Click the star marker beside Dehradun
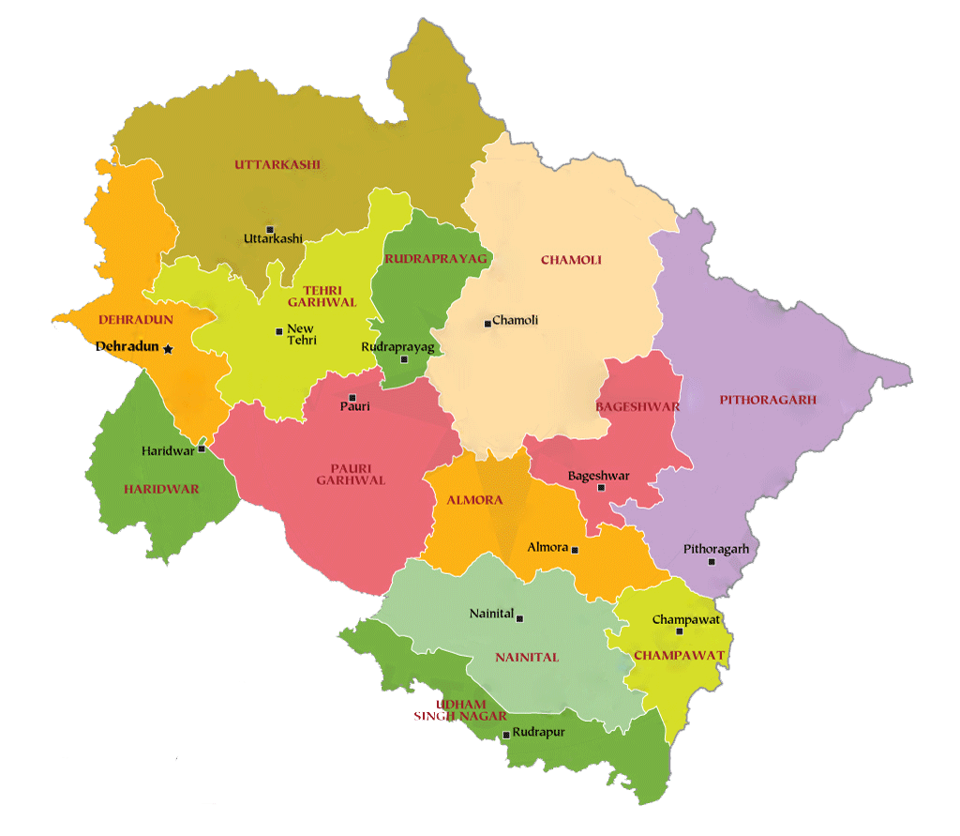click(168, 349)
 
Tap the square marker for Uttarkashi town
click(270, 229)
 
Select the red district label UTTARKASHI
click(277, 164)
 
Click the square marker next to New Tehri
click(278, 331)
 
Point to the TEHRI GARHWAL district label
click(315, 296)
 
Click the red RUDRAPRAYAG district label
click(436, 258)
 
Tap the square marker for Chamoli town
click(487, 324)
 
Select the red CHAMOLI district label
click(571, 260)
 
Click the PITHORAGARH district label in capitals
click(768, 400)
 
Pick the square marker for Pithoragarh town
click(712, 562)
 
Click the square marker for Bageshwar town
click(601, 488)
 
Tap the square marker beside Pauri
click(352, 398)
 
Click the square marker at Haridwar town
click(202, 449)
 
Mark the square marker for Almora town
click(575, 551)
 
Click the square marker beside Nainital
click(520, 618)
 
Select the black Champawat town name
click(685, 620)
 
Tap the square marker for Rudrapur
click(506, 735)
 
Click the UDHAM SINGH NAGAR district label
click(459, 710)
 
